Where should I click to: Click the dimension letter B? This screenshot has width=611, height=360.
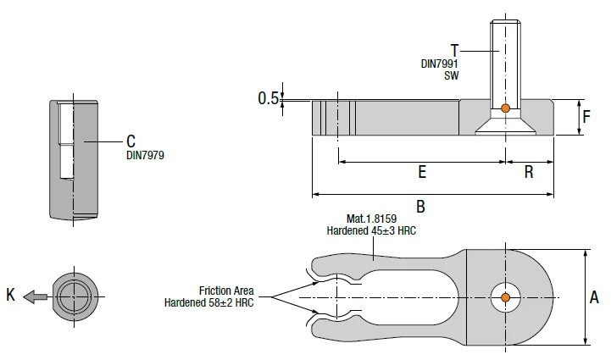coord(420,207)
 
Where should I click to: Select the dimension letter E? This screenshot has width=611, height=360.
coord(422,172)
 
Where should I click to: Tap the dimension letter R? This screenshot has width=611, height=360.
coord(529,172)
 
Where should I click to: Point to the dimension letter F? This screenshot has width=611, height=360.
coord(586,117)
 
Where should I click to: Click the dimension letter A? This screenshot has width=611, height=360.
coord(594,297)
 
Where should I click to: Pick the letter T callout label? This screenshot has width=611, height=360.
coord(455,51)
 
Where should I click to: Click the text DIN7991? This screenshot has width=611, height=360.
coord(439,64)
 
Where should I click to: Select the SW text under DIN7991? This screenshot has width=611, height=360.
coord(451,75)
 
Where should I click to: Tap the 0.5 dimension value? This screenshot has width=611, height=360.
coord(269,98)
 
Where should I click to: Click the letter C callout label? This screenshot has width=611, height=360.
coord(131,141)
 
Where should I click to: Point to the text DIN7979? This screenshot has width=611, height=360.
coord(145,156)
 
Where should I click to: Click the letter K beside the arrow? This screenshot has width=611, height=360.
coord(10,295)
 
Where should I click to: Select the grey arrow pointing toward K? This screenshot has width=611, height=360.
coord(36,297)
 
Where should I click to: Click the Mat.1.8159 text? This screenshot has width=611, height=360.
coord(371,219)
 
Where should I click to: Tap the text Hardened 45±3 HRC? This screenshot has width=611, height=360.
coord(371,230)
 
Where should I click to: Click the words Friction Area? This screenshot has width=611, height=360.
coord(226,291)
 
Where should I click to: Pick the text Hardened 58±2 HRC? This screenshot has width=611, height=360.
coord(208,302)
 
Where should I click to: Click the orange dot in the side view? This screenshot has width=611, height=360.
coord(505,108)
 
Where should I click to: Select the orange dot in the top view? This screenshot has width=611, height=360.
coord(505,297)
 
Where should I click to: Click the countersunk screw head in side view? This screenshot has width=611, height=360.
coord(505,126)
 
